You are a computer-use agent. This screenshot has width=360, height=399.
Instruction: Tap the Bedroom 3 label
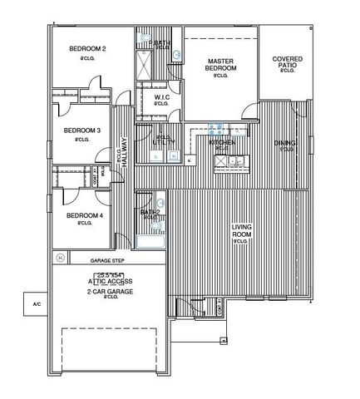82,131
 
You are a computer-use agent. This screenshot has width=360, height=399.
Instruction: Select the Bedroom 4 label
84,216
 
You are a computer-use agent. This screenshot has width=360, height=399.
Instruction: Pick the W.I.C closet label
163,97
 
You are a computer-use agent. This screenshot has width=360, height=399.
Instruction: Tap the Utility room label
163,143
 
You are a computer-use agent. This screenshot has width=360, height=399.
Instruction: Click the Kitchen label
222,143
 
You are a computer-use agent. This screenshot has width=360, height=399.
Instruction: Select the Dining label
285,143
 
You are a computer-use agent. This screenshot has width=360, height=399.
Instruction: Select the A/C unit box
36,306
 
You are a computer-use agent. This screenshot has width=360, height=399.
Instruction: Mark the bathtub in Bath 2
150,244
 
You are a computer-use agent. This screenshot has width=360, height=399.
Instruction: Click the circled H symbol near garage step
60,259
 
